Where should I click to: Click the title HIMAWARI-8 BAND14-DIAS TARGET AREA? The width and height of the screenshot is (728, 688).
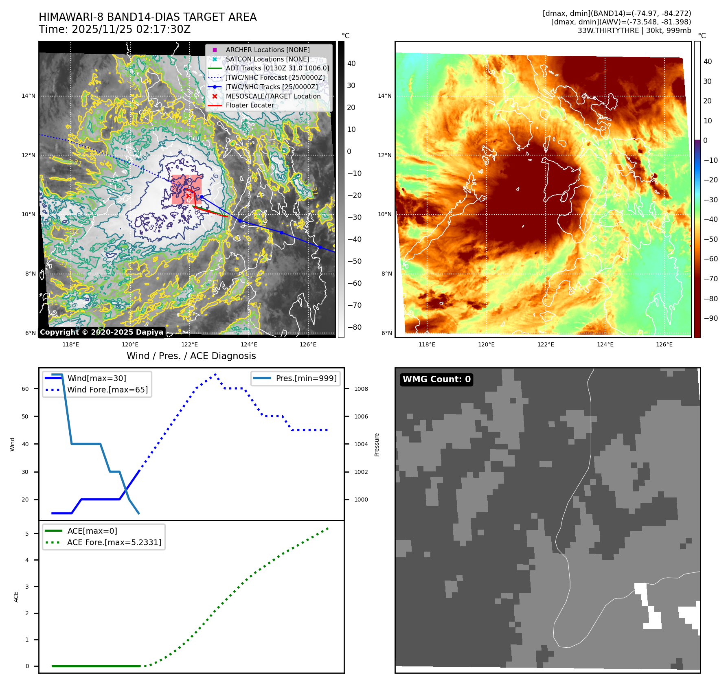pyautogui.click(x=147, y=17)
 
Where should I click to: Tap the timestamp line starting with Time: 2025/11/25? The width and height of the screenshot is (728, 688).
pyautogui.click(x=114, y=29)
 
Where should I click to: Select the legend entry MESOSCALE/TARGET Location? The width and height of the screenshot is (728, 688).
pyautogui.click(x=273, y=96)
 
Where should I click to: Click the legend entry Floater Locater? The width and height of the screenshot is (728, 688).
pyautogui.click(x=250, y=105)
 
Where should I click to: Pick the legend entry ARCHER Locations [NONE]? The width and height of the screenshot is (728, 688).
pyautogui.click(x=268, y=50)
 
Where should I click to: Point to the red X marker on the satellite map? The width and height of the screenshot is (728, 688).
pyautogui.click(x=189, y=196)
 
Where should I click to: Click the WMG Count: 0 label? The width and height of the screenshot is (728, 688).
pyautogui.click(x=436, y=379)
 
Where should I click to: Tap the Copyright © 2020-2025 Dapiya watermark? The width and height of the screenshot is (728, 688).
pyautogui.click(x=101, y=332)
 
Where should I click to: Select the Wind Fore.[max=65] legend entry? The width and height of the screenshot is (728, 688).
pyautogui.click(x=107, y=390)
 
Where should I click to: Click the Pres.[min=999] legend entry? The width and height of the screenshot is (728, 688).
pyautogui.click(x=306, y=378)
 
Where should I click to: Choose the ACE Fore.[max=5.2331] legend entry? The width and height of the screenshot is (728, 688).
pyautogui.click(x=114, y=542)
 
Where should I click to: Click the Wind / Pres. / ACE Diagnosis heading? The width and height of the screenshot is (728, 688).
pyautogui.click(x=191, y=356)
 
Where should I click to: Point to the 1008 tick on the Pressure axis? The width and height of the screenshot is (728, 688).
pyautogui.click(x=361, y=389)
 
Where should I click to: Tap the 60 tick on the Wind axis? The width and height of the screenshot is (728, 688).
pyautogui.click(x=25, y=389)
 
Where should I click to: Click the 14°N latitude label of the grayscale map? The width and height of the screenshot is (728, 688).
pyautogui.click(x=29, y=96)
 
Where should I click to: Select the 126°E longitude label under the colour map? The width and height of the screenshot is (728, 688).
pyautogui.click(x=664, y=344)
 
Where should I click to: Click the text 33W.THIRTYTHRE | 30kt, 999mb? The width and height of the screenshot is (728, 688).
pyautogui.click(x=634, y=31)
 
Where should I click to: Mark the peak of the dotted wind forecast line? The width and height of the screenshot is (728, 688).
pyautogui.click(x=215, y=374)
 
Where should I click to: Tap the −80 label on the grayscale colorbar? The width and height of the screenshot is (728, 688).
pyautogui.click(x=354, y=327)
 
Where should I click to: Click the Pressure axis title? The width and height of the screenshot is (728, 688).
pyautogui.click(x=377, y=445)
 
